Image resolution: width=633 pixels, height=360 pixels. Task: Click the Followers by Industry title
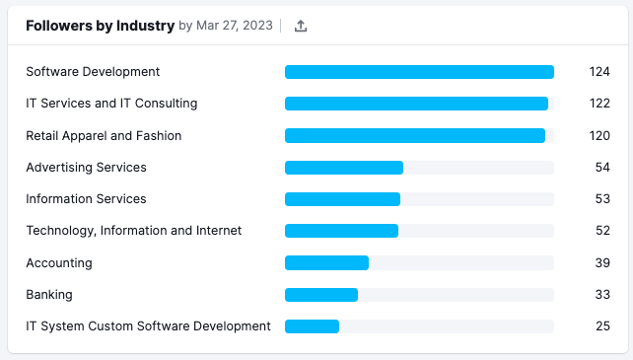click(100, 27)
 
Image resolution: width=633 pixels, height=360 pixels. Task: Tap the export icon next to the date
click(302, 27)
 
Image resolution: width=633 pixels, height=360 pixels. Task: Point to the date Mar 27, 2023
click(235, 27)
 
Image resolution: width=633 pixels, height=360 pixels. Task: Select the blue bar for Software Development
click(419, 72)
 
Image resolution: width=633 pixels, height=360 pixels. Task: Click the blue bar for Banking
click(321, 295)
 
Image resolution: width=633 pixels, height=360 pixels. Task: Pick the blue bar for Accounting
click(326, 263)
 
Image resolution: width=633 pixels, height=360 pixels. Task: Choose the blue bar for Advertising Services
click(344, 168)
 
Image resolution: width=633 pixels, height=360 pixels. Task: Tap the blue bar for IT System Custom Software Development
click(312, 326)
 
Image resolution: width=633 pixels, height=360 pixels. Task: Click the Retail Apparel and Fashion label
click(104, 136)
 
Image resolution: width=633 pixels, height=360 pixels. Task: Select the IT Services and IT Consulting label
click(111, 104)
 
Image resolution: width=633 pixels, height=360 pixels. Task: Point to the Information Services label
click(86, 199)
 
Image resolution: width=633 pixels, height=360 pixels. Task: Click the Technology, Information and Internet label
click(133, 231)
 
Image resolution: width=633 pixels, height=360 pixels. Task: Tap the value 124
click(599, 72)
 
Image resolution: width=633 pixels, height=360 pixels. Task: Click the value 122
click(599, 104)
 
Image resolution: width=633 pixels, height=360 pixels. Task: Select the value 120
click(599, 136)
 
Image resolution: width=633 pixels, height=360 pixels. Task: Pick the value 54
click(602, 168)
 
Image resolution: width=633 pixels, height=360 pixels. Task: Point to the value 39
click(602, 263)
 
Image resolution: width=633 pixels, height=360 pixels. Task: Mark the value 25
click(602, 326)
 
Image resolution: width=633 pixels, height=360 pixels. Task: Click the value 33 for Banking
click(602, 295)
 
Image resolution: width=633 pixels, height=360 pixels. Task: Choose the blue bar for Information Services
click(342, 199)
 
